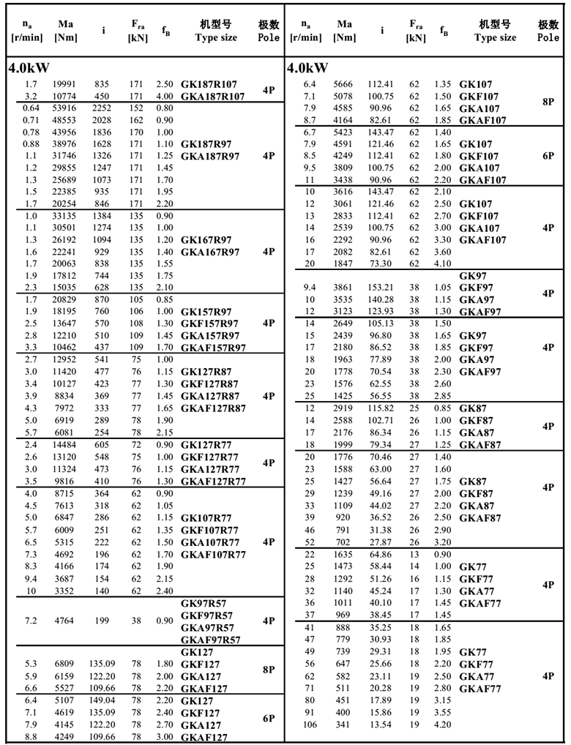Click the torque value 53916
click(x=65, y=108)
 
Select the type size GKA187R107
click(x=212, y=97)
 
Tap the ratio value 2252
click(x=102, y=108)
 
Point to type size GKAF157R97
click(x=213, y=347)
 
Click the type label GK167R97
click(x=206, y=239)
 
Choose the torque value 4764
click(x=65, y=621)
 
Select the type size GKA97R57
click(x=208, y=628)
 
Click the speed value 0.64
click(x=30, y=108)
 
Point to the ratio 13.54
click(x=381, y=725)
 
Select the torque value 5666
click(x=344, y=84)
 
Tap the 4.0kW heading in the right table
click(x=306, y=68)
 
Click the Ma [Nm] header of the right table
click(x=344, y=30)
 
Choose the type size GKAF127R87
click(x=213, y=408)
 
